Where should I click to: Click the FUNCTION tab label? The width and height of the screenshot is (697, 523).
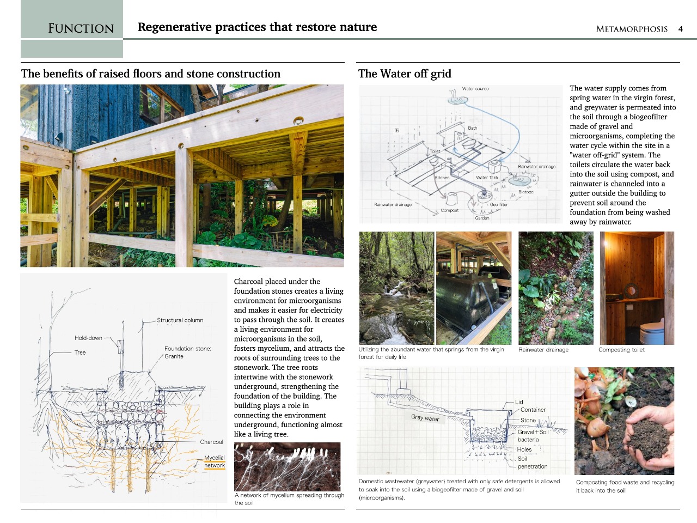click(x=81, y=28)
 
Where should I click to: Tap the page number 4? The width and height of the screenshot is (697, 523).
click(x=680, y=29)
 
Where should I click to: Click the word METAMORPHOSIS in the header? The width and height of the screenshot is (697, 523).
click(x=632, y=29)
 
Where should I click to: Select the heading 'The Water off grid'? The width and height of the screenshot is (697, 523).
click(x=405, y=74)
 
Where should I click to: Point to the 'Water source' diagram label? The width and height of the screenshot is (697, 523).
click(x=475, y=88)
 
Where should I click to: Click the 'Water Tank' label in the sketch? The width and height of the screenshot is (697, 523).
click(x=487, y=178)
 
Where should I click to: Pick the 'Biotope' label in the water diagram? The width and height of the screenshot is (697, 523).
click(x=526, y=192)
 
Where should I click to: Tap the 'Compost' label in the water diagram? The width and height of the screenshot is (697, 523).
click(x=449, y=210)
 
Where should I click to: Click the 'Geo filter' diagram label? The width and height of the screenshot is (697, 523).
click(x=499, y=205)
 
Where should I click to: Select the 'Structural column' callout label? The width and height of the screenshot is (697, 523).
click(x=180, y=320)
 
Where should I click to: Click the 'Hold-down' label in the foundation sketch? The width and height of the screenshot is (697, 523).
click(x=88, y=338)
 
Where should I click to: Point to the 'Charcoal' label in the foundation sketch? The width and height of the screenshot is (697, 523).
click(x=211, y=442)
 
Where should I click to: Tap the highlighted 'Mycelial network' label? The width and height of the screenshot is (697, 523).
click(x=215, y=461)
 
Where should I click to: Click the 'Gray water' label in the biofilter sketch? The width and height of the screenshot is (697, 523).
click(x=425, y=418)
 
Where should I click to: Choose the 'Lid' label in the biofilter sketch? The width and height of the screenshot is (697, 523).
click(x=519, y=402)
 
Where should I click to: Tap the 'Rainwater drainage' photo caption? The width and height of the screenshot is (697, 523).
click(x=543, y=350)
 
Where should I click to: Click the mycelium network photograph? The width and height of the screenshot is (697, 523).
click(x=287, y=466)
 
